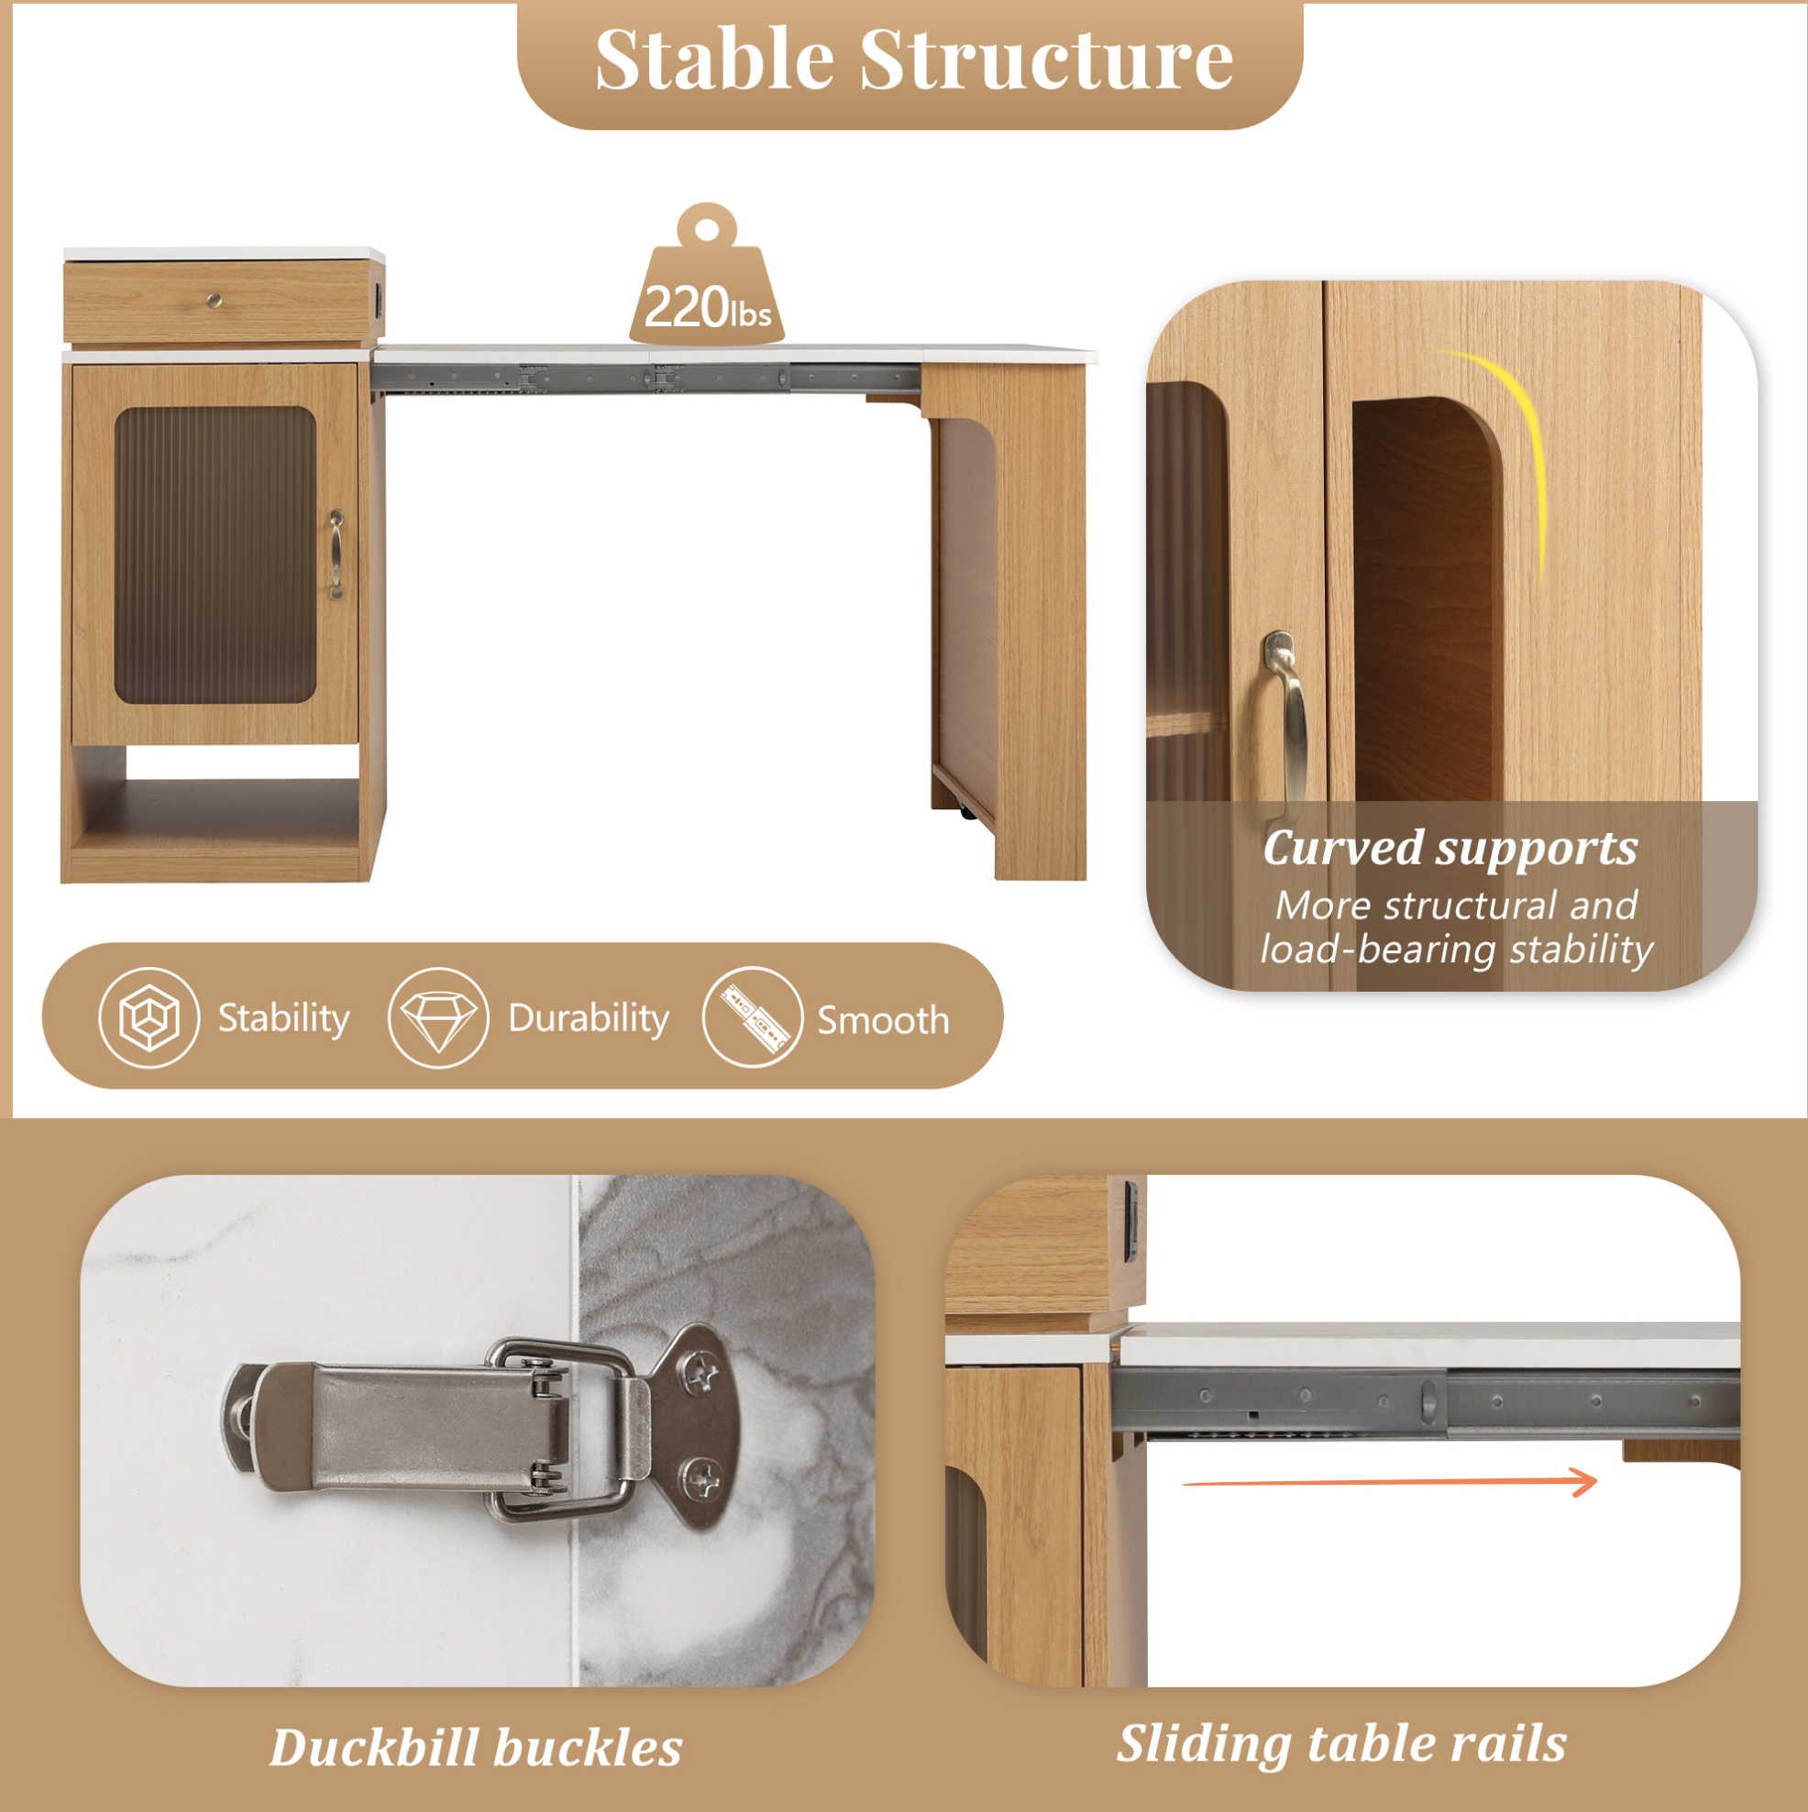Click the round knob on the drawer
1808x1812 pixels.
pos(214,300)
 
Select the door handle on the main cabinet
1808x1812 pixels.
pos(336,555)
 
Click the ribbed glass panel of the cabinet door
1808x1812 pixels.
pos(214,555)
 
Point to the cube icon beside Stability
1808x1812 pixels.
pos(149,1017)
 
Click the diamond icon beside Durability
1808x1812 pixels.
pos(438,1017)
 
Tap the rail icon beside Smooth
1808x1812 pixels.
pos(753,1017)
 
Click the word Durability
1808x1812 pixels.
pos(589,1018)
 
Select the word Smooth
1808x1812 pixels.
pos(883,1020)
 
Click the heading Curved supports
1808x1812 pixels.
pos(1450,849)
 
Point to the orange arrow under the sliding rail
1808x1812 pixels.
pos(1389,1482)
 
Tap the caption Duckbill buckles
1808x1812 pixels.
pos(476,1748)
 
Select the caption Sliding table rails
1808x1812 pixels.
pos(1341,1744)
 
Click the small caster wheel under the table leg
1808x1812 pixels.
pos(967,813)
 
